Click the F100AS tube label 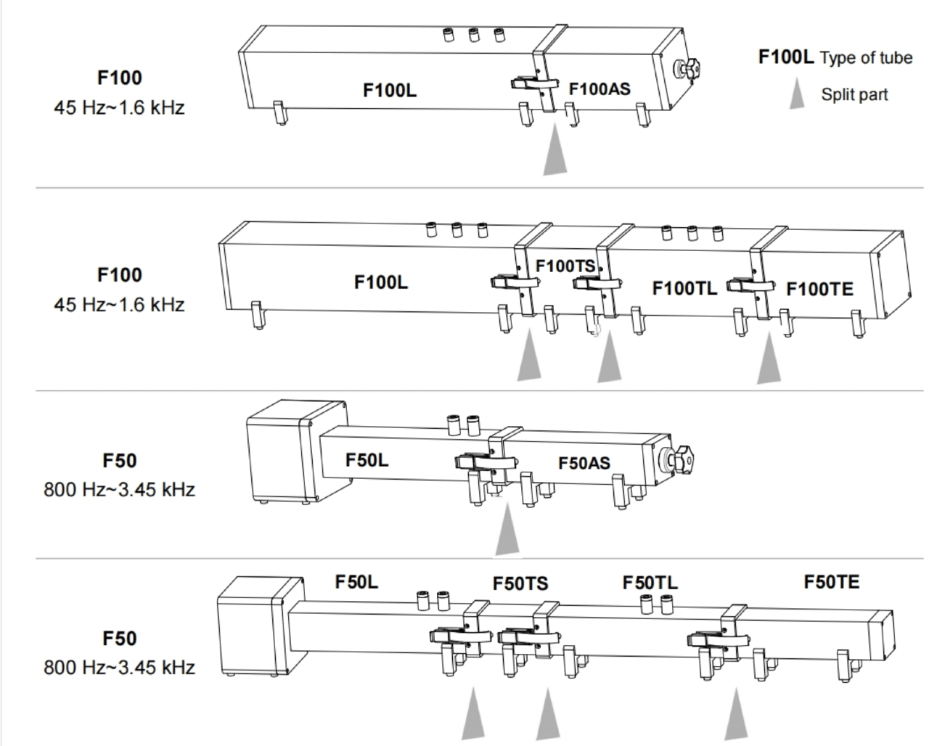(599, 89)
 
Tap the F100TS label (565, 266)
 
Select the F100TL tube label (684, 289)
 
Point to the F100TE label (819, 289)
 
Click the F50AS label (584, 463)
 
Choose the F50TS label (520, 584)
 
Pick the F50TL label (650, 583)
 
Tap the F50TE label (831, 582)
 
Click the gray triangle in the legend (797, 94)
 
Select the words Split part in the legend (854, 94)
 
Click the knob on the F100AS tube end (689, 69)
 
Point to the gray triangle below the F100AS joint (555, 150)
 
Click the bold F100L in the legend (786, 57)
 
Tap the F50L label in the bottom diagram (356, 582)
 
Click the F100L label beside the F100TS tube (380, 282)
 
